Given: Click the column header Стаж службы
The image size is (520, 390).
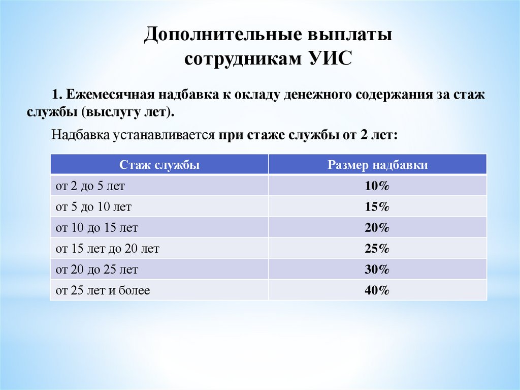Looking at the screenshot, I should (159, 165).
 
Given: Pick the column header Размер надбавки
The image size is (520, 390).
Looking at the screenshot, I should (377, 165).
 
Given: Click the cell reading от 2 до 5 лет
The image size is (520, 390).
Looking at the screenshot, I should (90, 186).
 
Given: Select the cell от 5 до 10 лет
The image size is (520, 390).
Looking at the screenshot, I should (93, 207).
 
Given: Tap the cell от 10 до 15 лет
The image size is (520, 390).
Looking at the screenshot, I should (96, 228).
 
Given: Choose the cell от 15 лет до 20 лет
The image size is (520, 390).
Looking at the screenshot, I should (108, 249).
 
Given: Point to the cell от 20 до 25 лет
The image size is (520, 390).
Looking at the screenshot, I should (96, 269).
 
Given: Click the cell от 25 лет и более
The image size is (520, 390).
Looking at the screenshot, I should (103, 290).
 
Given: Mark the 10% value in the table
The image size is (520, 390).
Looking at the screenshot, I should (377, 186).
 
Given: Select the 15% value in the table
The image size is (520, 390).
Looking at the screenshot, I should (377, 207).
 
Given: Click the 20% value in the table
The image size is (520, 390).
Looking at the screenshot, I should (377, 228).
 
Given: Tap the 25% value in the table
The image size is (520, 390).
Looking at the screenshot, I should (377, 249).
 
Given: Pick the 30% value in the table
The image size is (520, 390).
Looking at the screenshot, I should (377, 269).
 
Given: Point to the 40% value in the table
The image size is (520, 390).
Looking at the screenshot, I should (377, 290).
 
